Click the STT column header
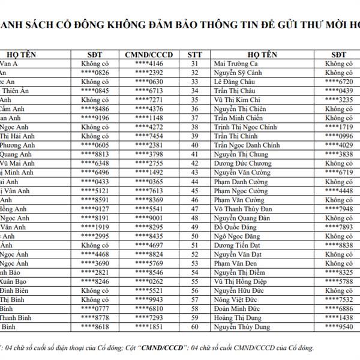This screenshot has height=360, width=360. (194, 54)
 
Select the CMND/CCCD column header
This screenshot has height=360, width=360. (149, 54)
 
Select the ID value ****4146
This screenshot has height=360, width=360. (149, 63)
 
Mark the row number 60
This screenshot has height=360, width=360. (194, 327)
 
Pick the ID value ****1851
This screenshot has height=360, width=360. (149, 327)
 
